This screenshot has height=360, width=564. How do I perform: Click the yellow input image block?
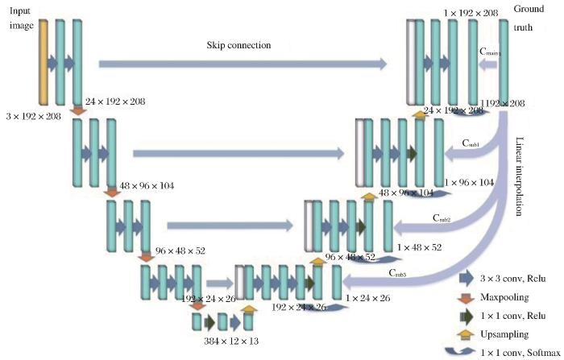pyautogui.click(x=43, y=62)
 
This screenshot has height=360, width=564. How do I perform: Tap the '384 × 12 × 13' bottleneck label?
pyautogui.click(x=221, y=342)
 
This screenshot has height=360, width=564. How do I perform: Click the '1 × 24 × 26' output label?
pyautogui.click(x=367, y=298)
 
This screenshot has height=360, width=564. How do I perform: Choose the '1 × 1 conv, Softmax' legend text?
pyautogui.click(x=520, y=351)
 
